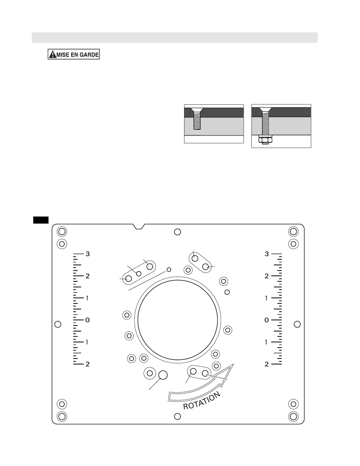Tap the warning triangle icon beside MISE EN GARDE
(53, 54)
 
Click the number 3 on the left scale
(87, 254)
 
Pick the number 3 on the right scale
(266, 254)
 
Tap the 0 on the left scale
(87, 320)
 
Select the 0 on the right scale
(266, 320)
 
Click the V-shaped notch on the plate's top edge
(139, 227)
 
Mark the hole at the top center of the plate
(178, 232)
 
